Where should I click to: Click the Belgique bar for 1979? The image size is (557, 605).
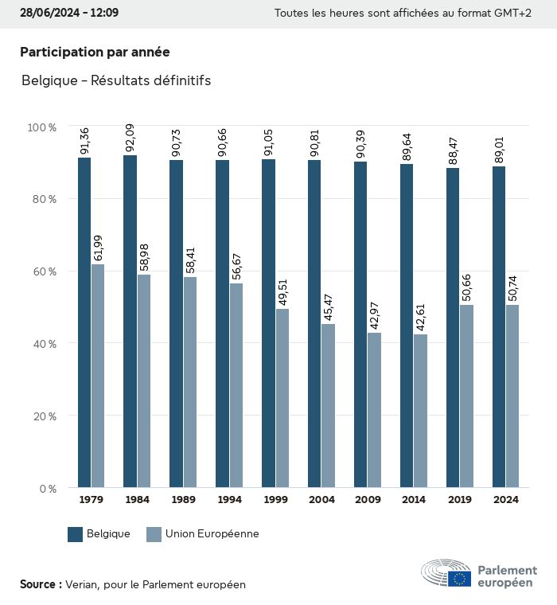[x=84, y=322]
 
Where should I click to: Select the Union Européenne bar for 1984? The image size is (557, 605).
[x=144, y=381]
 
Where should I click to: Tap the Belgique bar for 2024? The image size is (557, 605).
[x=499, y=326]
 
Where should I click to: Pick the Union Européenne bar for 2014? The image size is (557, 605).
[x=420, y=411]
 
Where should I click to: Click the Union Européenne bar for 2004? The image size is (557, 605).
[x=328, y=405]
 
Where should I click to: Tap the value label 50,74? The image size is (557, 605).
[x=512, y=287]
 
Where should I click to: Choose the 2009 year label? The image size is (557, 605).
[x=367, y=500]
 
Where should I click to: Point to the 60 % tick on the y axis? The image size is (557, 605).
[x=43, y=271]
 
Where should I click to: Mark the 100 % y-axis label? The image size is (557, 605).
[x=41, y=127]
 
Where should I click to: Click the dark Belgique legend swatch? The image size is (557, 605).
[x=76, y=534]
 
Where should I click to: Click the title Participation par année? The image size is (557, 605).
[x=95, y=52]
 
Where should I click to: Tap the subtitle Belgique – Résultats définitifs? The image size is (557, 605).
[x=116, y=80]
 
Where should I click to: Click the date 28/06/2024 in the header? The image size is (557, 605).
[x=49, y=14]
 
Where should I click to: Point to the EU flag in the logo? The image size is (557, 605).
[x=459, y=579]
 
